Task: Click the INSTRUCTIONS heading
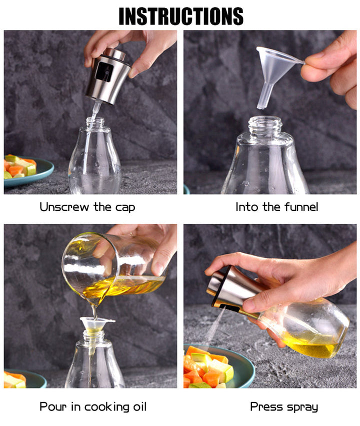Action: (x=181, y=16)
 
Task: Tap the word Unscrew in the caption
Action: (x=64, y=207)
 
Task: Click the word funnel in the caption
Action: (x=301, y=207)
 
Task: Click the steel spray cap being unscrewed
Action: (x=108, y=76)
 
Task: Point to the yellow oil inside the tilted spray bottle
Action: (x=312, y=343)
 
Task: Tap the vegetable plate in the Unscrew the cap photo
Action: (x=28, y=171)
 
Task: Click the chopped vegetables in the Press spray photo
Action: (x=207, y=367)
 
